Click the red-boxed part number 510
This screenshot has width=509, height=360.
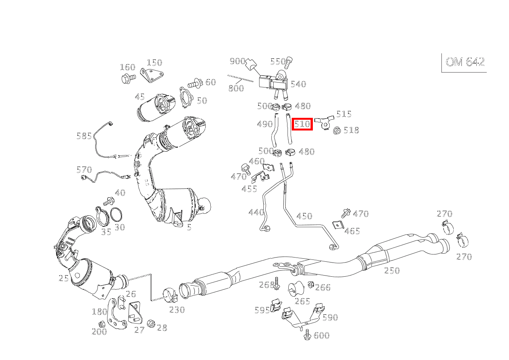click(302, 124)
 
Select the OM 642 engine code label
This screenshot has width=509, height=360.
click(465, 62)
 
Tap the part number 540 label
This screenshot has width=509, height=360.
click(298, 84)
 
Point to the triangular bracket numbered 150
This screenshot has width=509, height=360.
click(152, 75)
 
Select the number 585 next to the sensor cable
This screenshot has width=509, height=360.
click(84, 136)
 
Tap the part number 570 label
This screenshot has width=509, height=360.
click(84, 170)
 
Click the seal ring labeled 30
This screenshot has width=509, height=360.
click(116, 214)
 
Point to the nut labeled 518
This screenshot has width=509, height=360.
click(337, 130)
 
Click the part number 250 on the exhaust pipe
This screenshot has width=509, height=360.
click(392, 271)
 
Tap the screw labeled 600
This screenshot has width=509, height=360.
click(307, 335)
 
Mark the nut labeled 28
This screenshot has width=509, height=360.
click(150, 324)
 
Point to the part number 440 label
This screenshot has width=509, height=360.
click(256, 212)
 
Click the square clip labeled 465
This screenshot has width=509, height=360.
click(338, 225)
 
